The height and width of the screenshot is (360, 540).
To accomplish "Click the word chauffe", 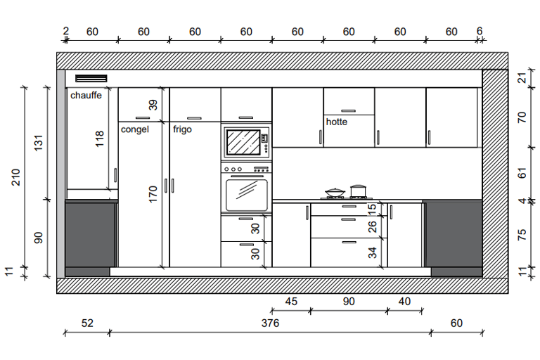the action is point(86,95).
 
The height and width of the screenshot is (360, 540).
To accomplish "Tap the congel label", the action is point(135,129).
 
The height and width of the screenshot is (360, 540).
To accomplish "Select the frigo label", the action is point(182,129).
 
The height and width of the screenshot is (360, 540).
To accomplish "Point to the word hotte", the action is point(337,122).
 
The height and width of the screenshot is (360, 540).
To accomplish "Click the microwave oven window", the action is point(243,142).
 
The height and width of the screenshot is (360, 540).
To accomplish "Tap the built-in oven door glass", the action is point(247,195).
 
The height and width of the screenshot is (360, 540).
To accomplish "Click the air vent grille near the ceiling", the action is point(91,79).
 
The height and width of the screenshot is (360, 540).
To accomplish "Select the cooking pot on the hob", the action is point(358,191).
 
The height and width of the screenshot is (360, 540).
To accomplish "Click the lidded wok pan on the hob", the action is point(335,193).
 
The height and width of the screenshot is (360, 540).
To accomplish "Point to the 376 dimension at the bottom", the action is point(270,323).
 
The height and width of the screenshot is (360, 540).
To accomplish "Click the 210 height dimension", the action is point(16,177).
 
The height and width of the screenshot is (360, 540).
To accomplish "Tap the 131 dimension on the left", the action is point(39,143).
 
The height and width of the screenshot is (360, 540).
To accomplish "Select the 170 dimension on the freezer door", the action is point(153,194).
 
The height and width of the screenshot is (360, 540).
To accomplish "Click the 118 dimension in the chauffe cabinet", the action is point(100,139).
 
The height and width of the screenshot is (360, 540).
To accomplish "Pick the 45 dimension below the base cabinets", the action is point(291,302).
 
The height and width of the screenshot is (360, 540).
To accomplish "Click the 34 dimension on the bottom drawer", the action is point(372,252).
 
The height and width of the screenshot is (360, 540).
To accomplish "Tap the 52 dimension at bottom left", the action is point(87,323).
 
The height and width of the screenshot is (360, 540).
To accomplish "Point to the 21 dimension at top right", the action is point(522,78).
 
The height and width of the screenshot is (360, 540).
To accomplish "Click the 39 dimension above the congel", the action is point(153,105).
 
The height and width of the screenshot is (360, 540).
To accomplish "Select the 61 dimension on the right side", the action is point(522,173).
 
